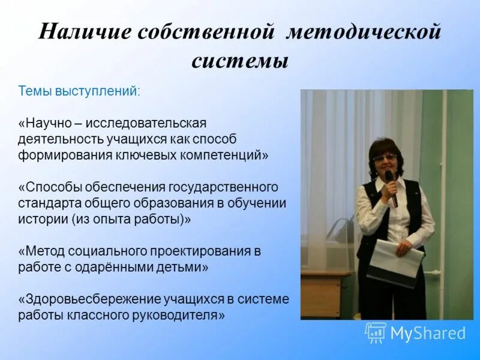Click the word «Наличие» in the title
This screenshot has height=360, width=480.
(82, 32)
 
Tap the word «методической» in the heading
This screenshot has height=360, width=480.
(363, 32)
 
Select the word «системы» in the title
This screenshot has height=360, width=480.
(240, 61)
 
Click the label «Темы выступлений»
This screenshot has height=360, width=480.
(78, 91)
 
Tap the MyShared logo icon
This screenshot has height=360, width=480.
(376, 332)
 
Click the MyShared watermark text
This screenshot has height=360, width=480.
(428, 333)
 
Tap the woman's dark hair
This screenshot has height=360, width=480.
(383, 145)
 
